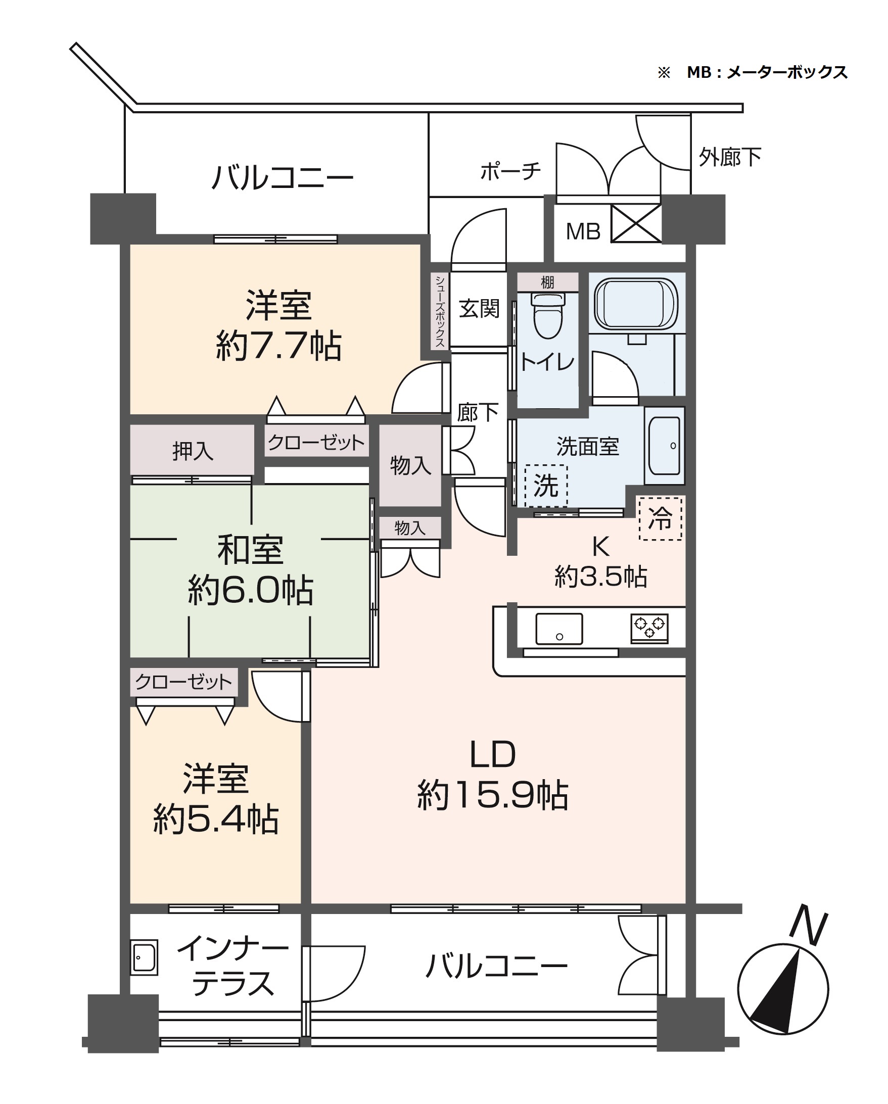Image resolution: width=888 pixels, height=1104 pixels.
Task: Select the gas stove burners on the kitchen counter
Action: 649,627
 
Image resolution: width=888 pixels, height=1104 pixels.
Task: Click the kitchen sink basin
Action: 558,629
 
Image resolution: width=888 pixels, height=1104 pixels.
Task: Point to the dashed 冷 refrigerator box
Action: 660,518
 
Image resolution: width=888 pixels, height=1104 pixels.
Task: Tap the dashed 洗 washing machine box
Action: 546,485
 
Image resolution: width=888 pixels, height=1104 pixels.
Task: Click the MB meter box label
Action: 583,232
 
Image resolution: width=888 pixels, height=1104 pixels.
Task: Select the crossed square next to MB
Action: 636,223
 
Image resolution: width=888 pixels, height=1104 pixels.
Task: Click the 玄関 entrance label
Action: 479,309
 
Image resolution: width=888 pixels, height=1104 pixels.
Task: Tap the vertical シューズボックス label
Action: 440,311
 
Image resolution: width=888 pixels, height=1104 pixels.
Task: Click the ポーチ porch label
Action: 510,171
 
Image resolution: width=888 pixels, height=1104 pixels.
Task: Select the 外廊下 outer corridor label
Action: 730,157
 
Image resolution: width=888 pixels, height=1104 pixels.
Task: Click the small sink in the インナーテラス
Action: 144,957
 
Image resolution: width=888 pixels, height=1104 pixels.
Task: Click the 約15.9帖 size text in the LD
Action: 493,795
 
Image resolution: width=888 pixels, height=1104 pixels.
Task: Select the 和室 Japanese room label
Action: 250,550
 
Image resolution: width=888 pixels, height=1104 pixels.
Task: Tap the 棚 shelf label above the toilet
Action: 547,282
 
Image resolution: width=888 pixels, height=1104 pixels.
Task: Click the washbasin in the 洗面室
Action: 664,446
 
